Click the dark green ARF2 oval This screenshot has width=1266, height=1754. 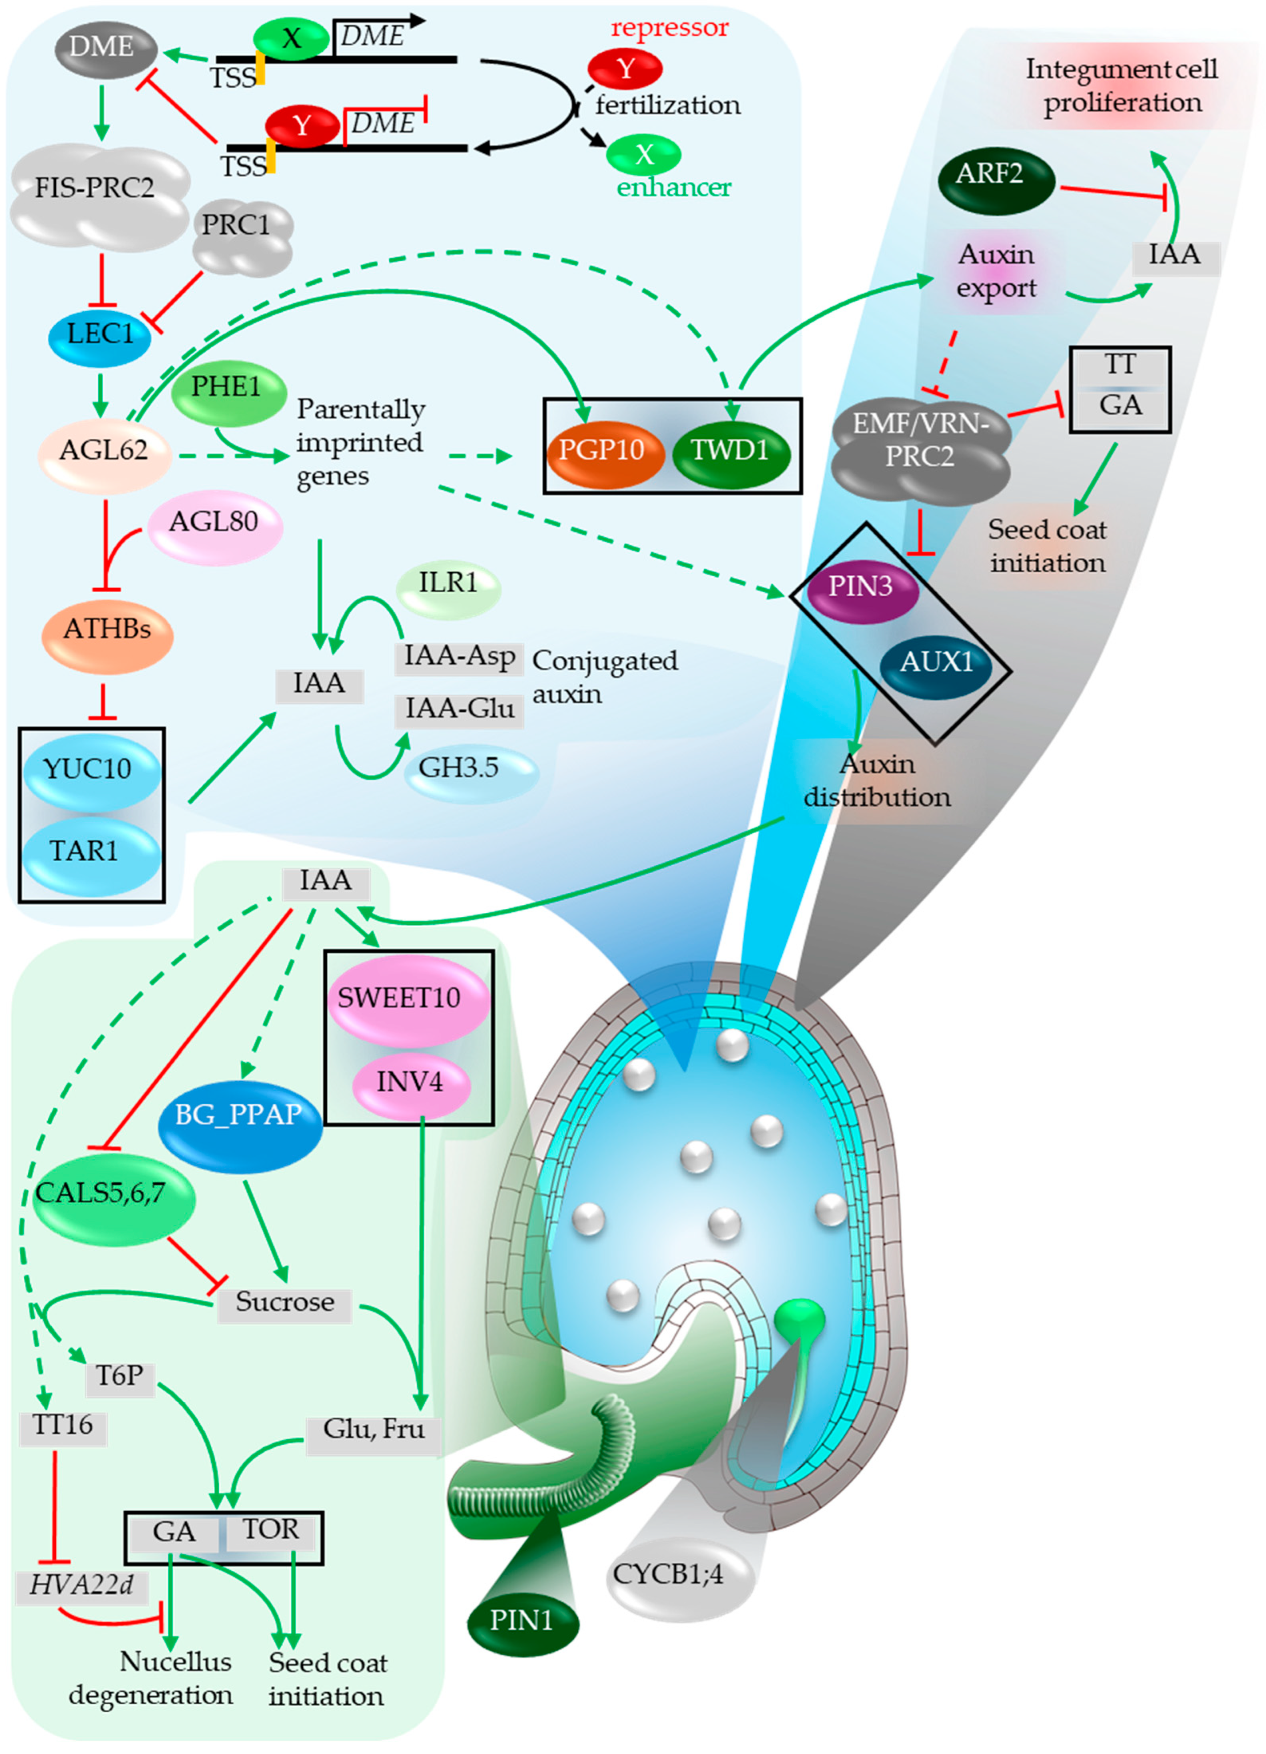[x=996, y=180]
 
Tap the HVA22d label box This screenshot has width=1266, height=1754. [x=81, y=1585]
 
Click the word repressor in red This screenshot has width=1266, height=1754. [x=670, y=28]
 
